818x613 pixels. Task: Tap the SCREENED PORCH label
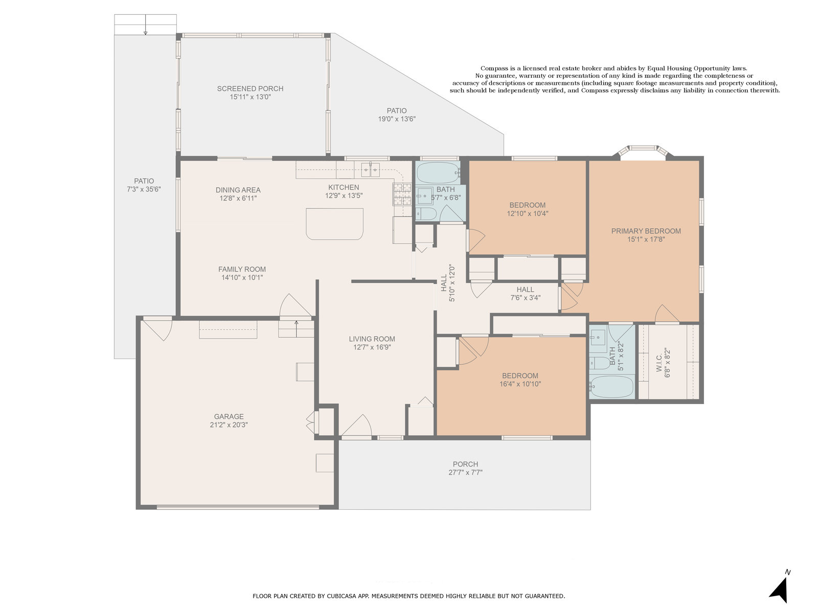250,88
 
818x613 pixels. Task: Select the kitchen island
334,224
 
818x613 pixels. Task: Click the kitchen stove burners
402,194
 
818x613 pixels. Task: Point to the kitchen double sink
371,170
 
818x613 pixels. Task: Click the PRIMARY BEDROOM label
646,231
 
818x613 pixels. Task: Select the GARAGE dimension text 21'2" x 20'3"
229,425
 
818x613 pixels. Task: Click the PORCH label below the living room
465,464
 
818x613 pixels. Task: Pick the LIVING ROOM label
372,339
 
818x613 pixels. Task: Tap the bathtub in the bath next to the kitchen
438,173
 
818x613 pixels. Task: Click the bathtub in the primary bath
611,387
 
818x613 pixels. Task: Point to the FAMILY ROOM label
242,269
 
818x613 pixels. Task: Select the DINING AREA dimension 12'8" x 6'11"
238,198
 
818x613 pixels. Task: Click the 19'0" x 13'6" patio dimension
397,119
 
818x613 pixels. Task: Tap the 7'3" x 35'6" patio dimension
144,189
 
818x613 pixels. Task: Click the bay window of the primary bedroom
643,150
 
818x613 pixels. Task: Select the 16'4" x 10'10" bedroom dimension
520,384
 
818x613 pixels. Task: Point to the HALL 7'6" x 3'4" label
525,293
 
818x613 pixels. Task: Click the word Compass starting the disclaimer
494,68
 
